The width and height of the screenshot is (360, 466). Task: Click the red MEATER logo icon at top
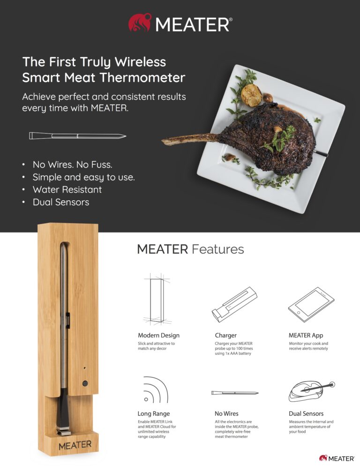tap(140, 23)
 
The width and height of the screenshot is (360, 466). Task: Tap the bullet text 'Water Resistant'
tap(67, 190)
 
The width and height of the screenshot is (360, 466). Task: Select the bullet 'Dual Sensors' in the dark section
tap(61, 203)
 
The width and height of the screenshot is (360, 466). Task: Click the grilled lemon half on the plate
tap(251, 95)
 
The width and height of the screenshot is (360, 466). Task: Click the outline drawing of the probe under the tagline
tap(77, 136)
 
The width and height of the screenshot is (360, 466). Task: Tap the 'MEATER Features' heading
tap(190, 249)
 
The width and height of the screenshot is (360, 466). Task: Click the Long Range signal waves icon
tap(155, 391)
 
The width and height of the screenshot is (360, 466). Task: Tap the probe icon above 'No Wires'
tap(234, 392)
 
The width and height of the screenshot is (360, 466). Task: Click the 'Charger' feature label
tap(225, 336)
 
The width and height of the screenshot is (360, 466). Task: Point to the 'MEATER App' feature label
tap(306, 336)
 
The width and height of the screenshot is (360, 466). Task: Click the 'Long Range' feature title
tap(154, 414)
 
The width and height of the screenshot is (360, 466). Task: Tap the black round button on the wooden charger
tap(85, 383)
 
